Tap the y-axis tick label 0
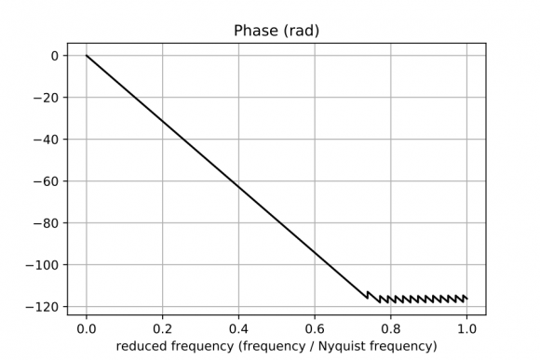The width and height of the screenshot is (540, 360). pos(55,56)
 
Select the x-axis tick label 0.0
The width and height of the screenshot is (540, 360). pos(87,328)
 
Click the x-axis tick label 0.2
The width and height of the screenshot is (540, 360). pos(163,328)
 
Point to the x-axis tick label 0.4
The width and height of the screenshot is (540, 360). pos(238,328)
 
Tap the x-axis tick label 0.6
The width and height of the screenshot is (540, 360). pos(315,328)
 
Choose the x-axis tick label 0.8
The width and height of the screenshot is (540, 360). pos(390,328)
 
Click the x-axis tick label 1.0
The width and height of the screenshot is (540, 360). pos(466,328)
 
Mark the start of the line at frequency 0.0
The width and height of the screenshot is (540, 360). pos(87,56)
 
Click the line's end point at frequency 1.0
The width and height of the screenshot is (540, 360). pos(466,298)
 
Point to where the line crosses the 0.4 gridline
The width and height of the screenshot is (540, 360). pos(238,187)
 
